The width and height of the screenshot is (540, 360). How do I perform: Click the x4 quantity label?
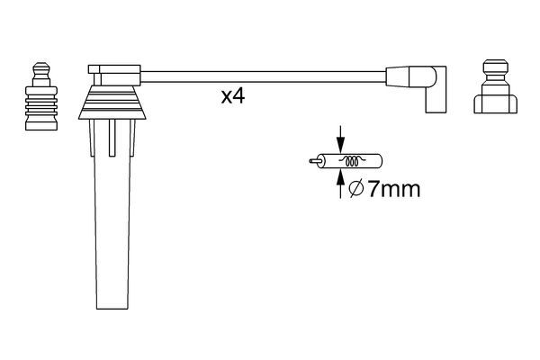pos(232,97)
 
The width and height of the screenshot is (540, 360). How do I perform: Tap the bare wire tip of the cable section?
pos(312,163)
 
